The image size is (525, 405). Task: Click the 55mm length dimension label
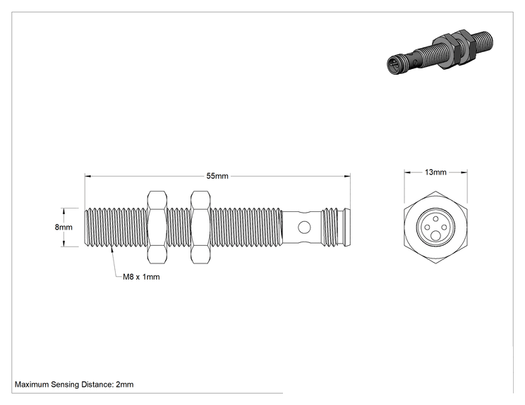(217, 176)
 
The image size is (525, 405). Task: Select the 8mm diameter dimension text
(64, 228)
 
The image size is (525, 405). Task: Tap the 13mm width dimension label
(435, 172)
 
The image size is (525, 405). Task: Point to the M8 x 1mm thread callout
(141, 277)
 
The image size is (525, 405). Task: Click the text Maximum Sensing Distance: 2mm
(74, 385)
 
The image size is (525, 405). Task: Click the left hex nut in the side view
(157, 228)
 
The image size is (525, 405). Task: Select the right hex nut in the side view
(200, 228)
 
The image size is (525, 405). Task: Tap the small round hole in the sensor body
(304, 228)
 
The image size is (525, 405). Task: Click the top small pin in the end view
(435, 219)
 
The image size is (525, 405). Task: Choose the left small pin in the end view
(427, 228)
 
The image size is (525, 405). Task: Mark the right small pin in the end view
(444, 228)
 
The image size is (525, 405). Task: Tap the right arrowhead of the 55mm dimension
(347, 176)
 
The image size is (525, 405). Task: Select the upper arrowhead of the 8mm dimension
(64, 211)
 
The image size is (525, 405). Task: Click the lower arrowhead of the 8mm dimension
(64, 244)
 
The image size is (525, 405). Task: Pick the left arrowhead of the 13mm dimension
(407, 172)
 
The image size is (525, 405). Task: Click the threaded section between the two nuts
(179, 228)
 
